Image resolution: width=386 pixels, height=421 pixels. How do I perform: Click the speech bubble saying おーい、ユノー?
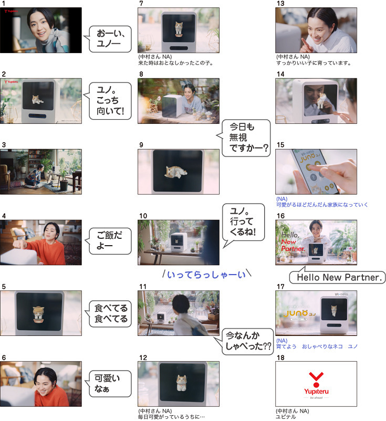click(x=110, y=39)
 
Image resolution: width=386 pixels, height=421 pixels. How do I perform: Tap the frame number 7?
click(x=141, y=4)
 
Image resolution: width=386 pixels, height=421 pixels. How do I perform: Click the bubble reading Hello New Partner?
click(x=337, y=277)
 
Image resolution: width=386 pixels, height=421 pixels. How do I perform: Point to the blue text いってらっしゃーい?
click(x=206, y=275)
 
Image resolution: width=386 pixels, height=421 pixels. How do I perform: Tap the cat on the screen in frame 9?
click(x=176, y=172)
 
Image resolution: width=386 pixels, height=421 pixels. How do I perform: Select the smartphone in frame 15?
click(x=316, y=172)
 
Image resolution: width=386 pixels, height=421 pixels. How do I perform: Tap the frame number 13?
click(x=280, y=4)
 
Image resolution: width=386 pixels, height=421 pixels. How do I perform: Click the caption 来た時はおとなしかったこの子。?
click(x=176, y=63)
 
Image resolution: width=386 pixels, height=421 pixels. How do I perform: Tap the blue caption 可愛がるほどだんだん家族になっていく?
click(x=322, y=205)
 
